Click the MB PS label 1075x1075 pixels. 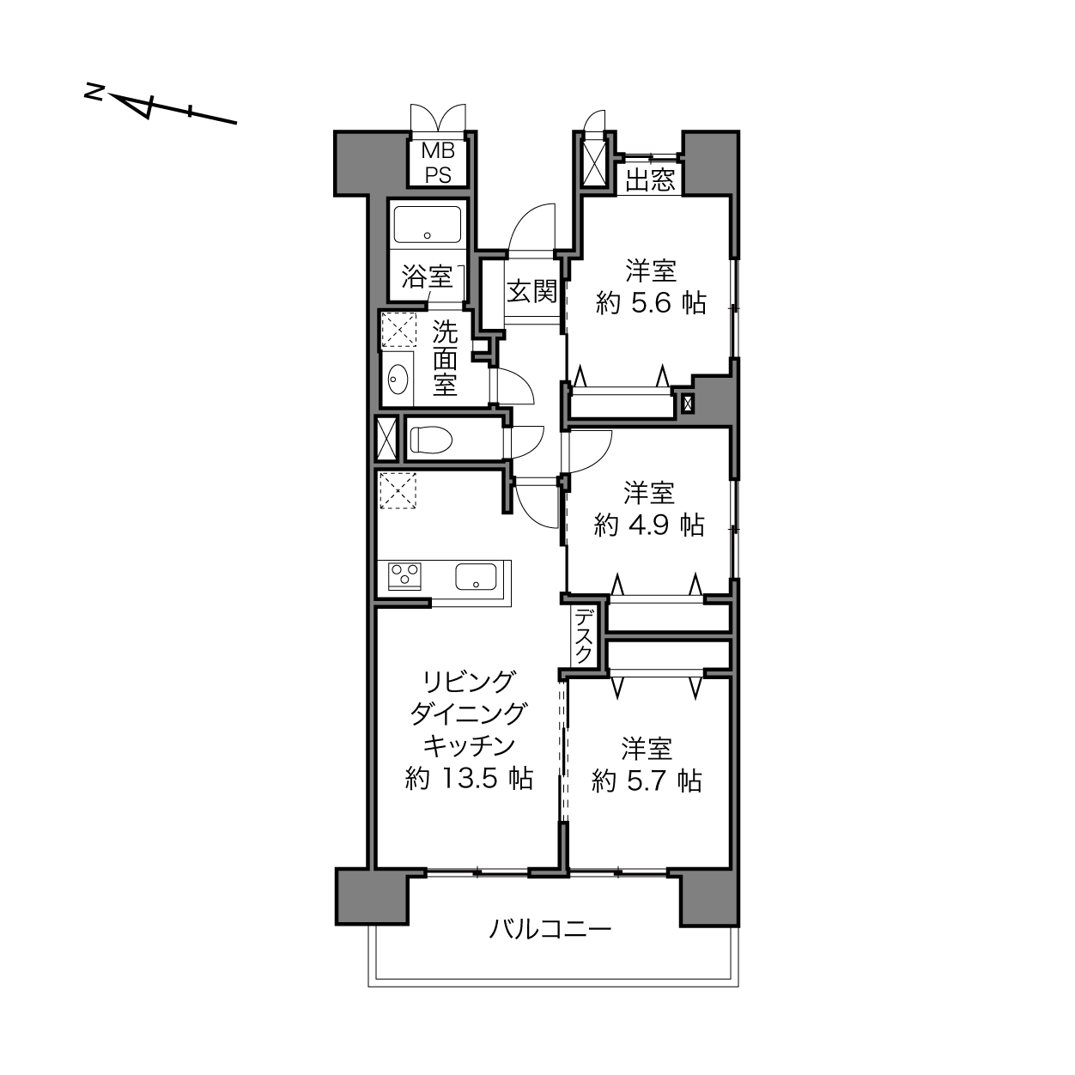pos(438,163)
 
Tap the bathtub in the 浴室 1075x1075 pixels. pos(428,224)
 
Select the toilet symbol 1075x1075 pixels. pos(430,440)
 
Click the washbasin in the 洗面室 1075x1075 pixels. pos(397,380)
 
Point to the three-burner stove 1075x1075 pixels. pos(404,576)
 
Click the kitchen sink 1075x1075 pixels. pos(476,576)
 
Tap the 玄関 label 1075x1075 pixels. pos(531,291)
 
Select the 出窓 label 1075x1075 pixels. pos(650,179)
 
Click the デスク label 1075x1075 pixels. pos(583,636)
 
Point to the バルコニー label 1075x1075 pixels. pos(550,929)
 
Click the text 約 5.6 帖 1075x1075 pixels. pos(651,303)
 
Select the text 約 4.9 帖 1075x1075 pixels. pos(649,525)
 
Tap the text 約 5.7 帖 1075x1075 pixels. pos(647,780)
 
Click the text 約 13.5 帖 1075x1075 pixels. pos(469,778)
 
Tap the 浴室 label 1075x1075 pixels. pos(427,276)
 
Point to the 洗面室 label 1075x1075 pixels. pos(445,359)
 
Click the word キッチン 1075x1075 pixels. pos(469,746)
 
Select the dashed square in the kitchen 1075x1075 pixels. pos(398,491)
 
